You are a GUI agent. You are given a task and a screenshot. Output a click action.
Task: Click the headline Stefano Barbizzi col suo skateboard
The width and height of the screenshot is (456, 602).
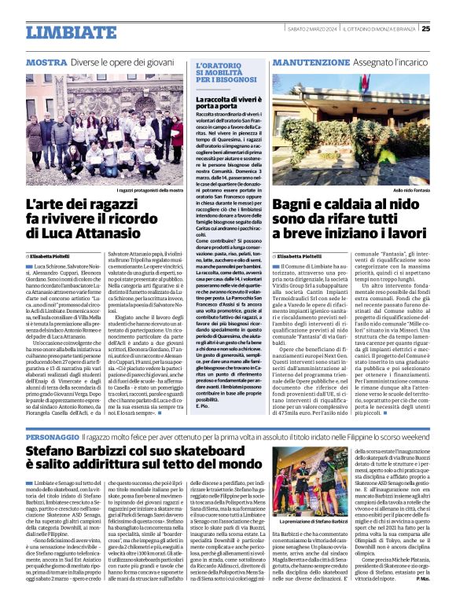157,461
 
